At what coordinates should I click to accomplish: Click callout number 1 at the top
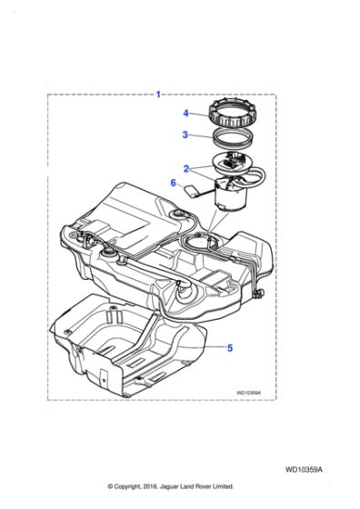(159, 94)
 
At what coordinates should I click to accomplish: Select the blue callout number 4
(185, 114)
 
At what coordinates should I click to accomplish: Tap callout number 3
(185, 135)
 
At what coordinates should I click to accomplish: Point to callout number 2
(185, 169)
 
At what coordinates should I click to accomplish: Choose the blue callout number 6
(173, 183)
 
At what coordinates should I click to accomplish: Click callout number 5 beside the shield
(230, 346)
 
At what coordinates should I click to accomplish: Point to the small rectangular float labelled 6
(193, 191)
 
